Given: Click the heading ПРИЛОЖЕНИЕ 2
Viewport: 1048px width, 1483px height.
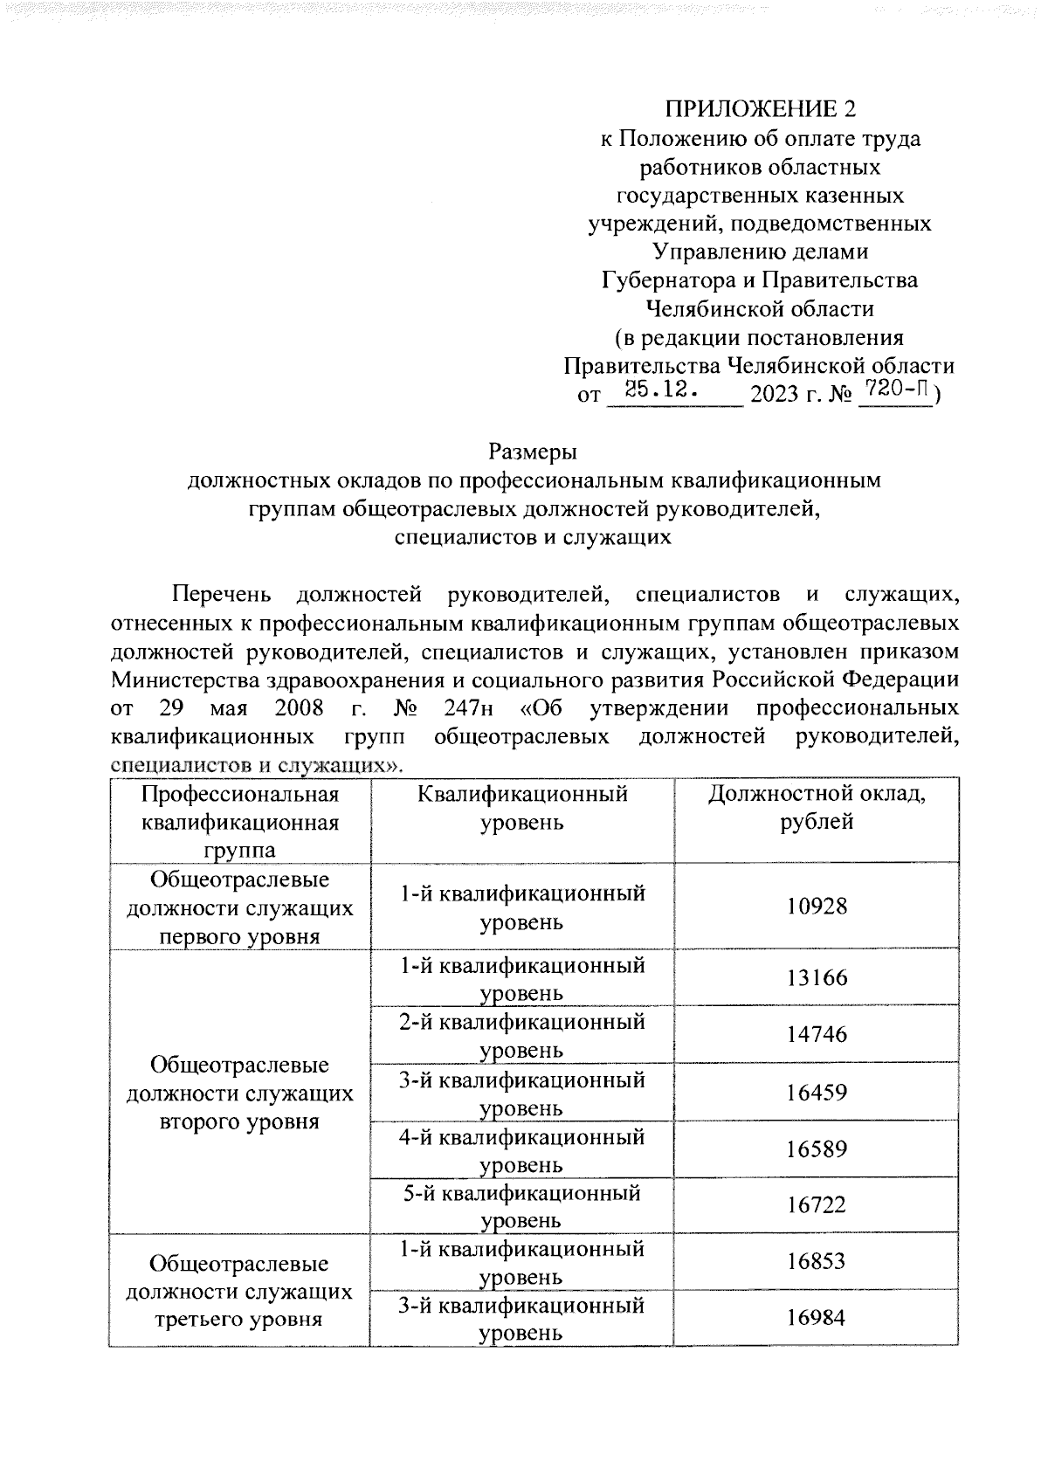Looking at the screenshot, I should pos(760,109).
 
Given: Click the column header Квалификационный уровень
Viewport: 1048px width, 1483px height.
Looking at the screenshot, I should pos(521,808).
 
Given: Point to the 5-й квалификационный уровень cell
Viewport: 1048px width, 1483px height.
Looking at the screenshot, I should pos(521,1205).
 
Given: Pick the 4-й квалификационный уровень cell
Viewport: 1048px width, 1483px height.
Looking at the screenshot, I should pos(521,1149).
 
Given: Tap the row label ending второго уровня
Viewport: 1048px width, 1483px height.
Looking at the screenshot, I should pos(239,1093).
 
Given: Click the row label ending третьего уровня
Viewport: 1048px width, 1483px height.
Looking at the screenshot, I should pos(239,1291).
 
